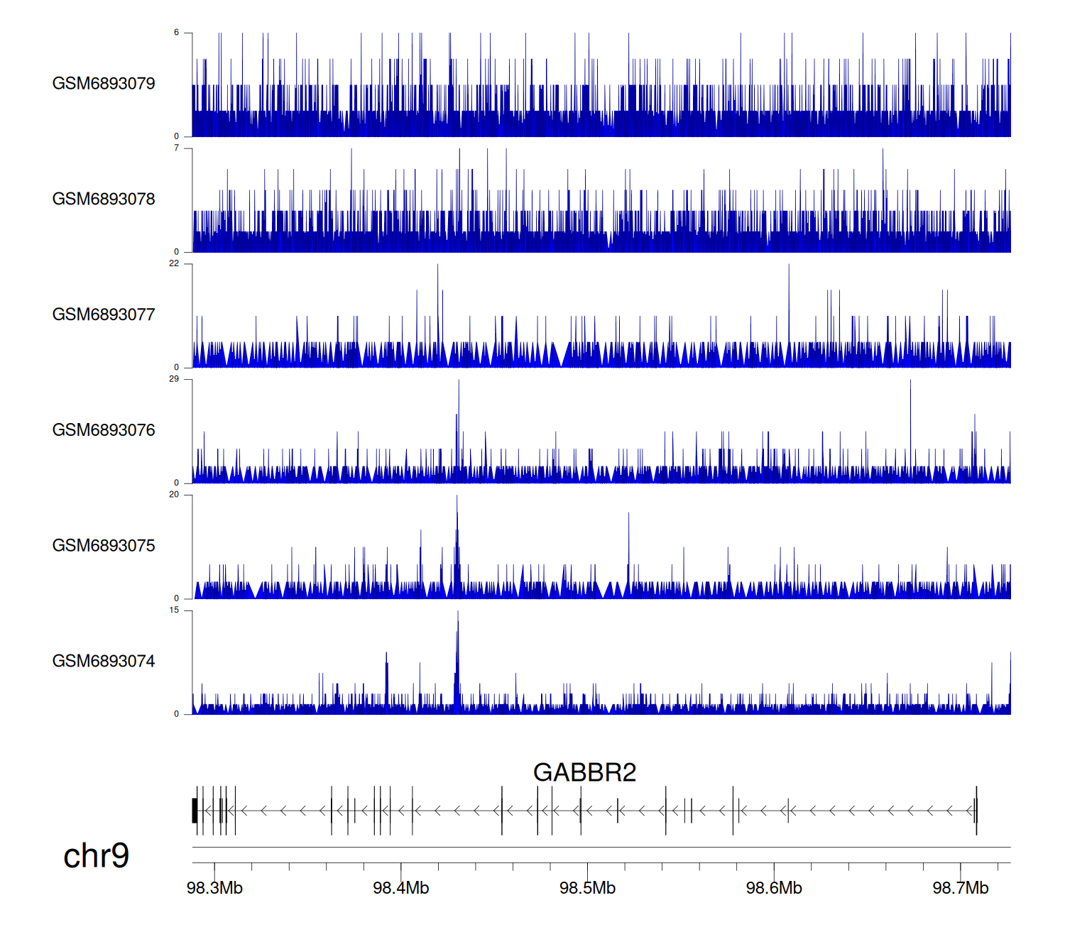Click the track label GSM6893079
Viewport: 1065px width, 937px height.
coord(104,84)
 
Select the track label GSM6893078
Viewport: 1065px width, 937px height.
coord(104,199)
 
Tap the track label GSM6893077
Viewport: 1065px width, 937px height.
coord(104,314)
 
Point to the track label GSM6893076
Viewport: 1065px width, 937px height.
coord(104,430)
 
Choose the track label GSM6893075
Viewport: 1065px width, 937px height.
coord(104,546)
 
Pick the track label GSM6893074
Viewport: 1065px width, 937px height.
coord(104,662)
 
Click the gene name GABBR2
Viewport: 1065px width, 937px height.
coord(584,772)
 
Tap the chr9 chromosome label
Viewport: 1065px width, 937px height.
coord(96,855)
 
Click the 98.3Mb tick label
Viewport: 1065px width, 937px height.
coord(214,888)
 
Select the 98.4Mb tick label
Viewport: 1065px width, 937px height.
coord(401,888)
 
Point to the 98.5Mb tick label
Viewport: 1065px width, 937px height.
coord(587,888)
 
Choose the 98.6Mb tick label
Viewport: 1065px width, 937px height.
coord(774,888)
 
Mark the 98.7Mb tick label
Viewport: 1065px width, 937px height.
coord(961,888)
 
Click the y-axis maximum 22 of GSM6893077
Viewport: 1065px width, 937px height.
coord(174,263)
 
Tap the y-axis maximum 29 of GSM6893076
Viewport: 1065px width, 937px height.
coord(174,379)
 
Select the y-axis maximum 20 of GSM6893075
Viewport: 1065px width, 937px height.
coord(174,495)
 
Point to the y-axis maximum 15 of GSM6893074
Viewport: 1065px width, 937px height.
coord(174,610)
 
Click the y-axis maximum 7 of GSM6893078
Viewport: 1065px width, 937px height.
coord(177,148)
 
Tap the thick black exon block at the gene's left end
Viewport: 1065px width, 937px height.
coord(195,811)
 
